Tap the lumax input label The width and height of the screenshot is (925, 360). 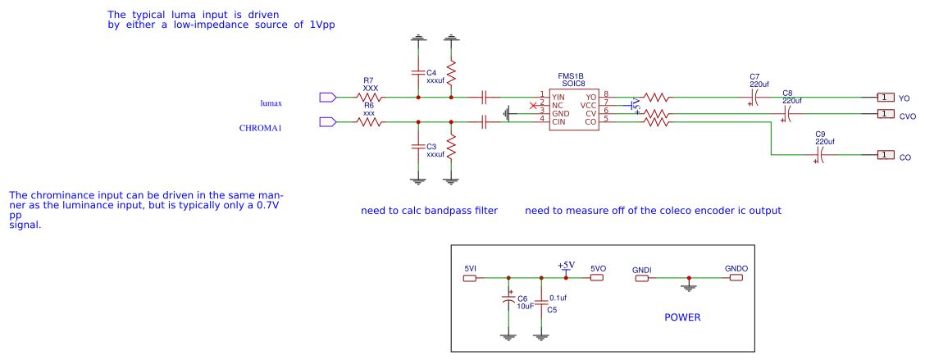point(271,103)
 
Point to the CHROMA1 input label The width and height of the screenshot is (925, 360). point(260,128)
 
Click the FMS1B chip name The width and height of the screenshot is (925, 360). point(571,75)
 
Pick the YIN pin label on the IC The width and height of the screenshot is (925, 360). point(558,97)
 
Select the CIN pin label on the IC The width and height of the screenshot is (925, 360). point(558,121)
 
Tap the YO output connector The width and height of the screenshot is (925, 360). point(885,98)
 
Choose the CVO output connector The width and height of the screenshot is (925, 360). point(885,114)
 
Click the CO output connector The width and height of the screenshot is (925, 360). point(885,155)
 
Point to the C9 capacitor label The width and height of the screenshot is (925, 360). point(820,134)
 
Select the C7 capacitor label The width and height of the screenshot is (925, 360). point(754,76)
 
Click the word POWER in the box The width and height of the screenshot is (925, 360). point(682,317)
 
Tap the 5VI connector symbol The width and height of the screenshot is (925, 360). point(470,278)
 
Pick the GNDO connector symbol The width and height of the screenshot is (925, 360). point(736,278)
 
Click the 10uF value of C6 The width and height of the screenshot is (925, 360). point(526,306)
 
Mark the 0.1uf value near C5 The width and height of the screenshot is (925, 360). point(558,298)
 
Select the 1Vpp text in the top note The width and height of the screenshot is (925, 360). point(322,25)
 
